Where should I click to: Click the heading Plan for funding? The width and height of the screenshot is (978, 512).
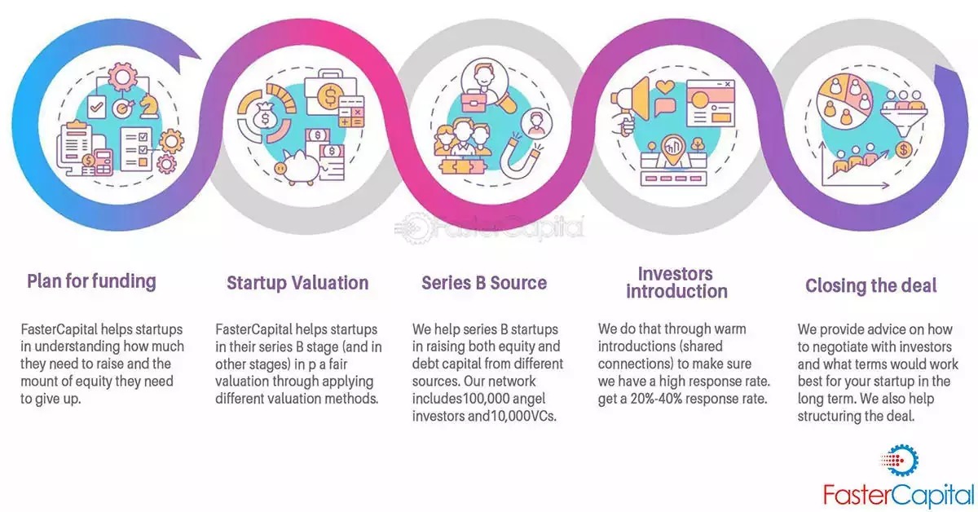click(x=90, y=281)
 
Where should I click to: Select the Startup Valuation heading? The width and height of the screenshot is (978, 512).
click(x=297, y=283)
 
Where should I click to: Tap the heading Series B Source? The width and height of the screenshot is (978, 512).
click(x=484, y=283)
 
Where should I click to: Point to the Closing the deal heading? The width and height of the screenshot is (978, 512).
click(x=871, y=285)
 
